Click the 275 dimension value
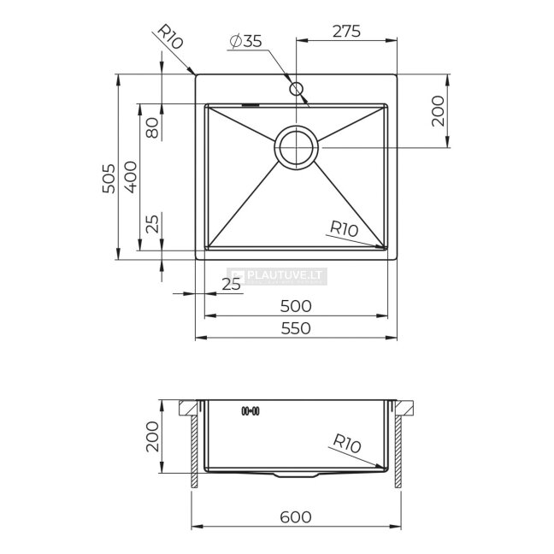click(346, 31)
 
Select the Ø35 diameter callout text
click(245, 41)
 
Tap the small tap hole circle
click(296, 89)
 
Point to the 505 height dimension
click(109, 179)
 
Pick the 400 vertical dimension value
click(131, 177)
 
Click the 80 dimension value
click(152, 128)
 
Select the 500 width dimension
click(296, 306)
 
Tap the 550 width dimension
click(296, 328)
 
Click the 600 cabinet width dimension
click(296, 517)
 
